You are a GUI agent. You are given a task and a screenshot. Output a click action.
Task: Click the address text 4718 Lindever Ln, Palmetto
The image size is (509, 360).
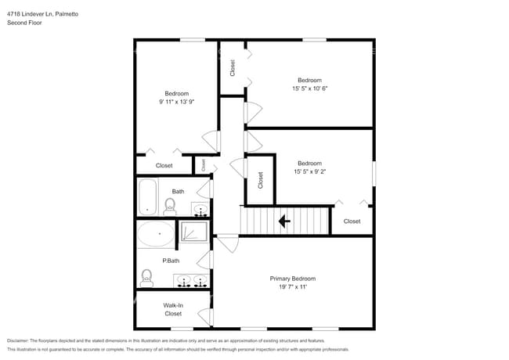pos(43,14)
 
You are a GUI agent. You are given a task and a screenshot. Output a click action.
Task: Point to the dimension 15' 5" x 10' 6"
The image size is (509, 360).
pos(310,88)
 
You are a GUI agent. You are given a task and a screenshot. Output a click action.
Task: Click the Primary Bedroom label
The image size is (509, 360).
pos(292,279)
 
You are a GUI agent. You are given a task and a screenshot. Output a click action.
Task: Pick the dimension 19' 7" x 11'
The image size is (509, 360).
pos(292,287)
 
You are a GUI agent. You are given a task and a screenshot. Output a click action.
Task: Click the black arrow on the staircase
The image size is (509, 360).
pos(284,221)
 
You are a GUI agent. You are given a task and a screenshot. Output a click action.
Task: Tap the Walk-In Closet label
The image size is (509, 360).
pos(172,309)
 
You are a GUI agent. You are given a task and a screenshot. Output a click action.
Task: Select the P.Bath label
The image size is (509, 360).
pos(171,261)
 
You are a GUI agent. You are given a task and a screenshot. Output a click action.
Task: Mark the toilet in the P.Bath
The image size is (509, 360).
pos(146,278)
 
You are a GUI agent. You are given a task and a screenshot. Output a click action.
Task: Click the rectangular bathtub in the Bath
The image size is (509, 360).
pos(147,196)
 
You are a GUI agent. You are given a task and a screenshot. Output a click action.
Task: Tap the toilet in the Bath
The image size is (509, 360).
pos(170,207)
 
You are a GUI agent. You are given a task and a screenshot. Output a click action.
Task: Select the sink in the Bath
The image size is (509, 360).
pos(200,210)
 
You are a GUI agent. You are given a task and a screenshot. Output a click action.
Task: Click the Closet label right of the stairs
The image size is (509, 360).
pos(352,221)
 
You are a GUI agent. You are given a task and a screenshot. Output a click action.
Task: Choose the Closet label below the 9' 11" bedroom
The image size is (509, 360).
pos(164,165)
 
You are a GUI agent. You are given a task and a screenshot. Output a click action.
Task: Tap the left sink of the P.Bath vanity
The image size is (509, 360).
pos(183,279)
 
